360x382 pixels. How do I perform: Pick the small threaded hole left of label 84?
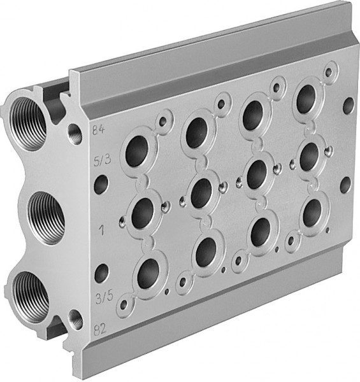(x=75, y=133)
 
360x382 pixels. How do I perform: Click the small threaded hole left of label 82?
(x=76, y=318)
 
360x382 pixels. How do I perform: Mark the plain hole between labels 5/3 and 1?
(x=101, y=185)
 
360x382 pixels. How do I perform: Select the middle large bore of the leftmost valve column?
(x=143, y=211)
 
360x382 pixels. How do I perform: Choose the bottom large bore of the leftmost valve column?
(x=148, y=272)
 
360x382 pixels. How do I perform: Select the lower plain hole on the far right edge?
(x=345, y=185)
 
